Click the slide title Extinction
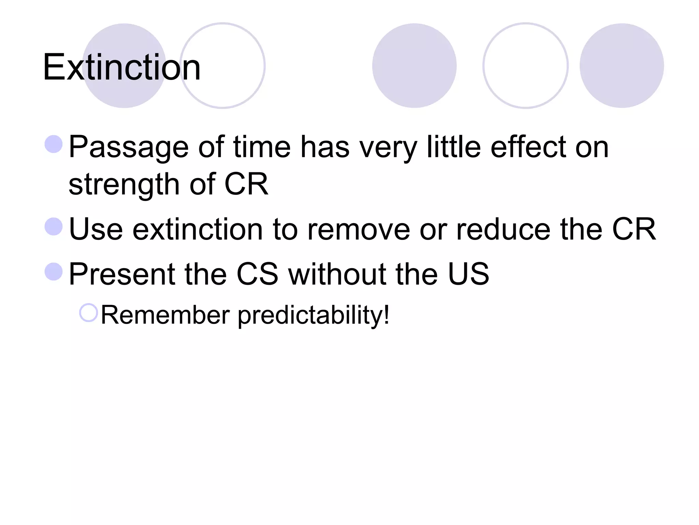tap(122, 67)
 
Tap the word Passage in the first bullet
tap(128, 147)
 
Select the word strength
tap(124, 185)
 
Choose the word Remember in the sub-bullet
tap(165, 315)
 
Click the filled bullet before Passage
tap(54, 144)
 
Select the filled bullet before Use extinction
tap(54, 227)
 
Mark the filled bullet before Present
tap(54, 271)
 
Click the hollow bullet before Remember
tap(88, 313)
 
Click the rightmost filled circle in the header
tap(622, 66)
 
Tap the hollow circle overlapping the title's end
tap(223, 66)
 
